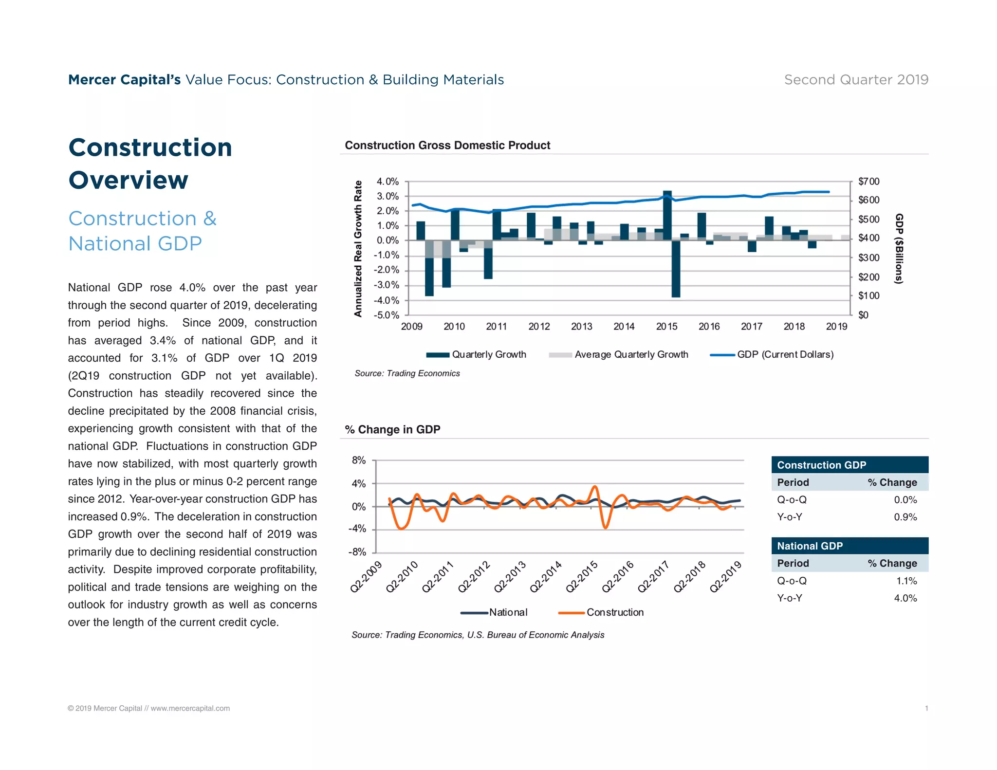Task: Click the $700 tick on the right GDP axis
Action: click(868, 182)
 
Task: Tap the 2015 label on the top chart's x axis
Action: click(666, 327)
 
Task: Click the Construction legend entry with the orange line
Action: click(601, 612)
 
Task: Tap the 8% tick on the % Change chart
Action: click(359, 460)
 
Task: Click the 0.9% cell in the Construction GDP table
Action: click(905, 517)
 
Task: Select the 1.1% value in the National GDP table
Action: click(906, 581)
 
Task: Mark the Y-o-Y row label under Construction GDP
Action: click(790, 517)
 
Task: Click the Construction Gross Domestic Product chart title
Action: click(447, 146)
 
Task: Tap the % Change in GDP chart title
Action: click(392, 430)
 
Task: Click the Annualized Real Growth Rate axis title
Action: click(358, 248)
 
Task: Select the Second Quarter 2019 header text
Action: click(856, 80)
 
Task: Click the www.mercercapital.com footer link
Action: click(190, 709)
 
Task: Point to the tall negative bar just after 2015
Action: click(676, 268)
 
